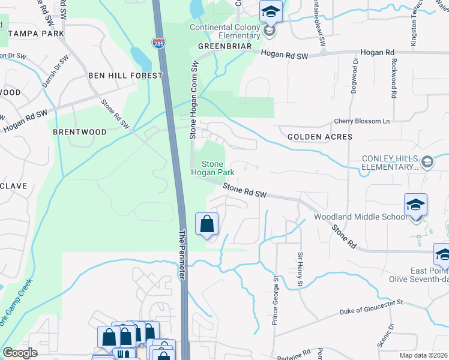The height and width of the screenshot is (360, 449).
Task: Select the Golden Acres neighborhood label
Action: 319,137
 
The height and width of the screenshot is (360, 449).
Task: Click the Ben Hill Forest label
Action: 125,76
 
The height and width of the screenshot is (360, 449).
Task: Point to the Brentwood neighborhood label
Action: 79,131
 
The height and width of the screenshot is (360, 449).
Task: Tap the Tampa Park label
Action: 36,34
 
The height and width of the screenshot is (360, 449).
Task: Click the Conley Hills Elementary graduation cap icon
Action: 427,161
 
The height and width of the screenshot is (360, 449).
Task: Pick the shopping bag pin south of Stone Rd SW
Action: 207,225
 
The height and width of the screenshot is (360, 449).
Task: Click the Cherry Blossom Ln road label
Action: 362,121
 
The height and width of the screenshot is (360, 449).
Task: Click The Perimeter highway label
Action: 182,252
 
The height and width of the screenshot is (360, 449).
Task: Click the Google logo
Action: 20,353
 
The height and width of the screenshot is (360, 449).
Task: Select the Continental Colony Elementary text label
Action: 225,31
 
